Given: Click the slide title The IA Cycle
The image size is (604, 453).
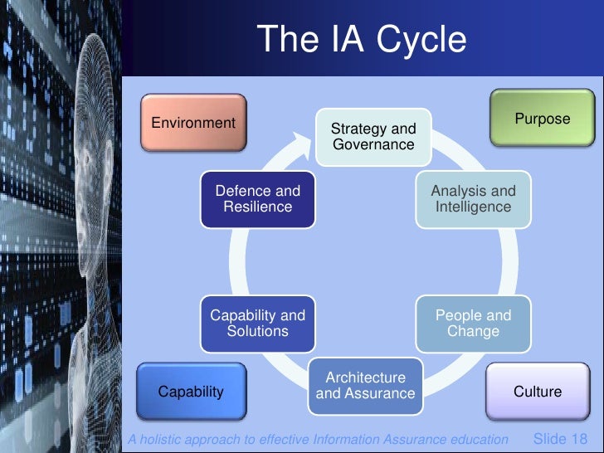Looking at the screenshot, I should click(361, 40).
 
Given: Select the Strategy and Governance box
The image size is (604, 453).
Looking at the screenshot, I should click(373, 137).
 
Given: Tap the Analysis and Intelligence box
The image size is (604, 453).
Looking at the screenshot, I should click(473, 199).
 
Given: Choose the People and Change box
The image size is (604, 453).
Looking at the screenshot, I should click(473, 324).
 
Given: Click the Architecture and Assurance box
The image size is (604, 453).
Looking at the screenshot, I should click(365, 386).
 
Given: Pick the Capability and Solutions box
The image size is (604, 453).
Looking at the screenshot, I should click(257, 324).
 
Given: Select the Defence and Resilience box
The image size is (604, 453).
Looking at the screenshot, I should click(257, 199).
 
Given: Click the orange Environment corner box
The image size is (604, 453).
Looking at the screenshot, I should click(193, 124).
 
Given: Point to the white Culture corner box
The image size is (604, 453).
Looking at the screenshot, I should click(538, 392).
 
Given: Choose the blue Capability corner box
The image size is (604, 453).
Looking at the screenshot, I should click(191, 392).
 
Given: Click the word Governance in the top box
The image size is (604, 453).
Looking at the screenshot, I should click(373, 145).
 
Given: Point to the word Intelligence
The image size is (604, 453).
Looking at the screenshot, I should click(473, 207).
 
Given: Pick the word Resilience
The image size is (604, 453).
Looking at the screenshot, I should click(257, 207).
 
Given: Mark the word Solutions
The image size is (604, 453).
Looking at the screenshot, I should click(257, 332).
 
